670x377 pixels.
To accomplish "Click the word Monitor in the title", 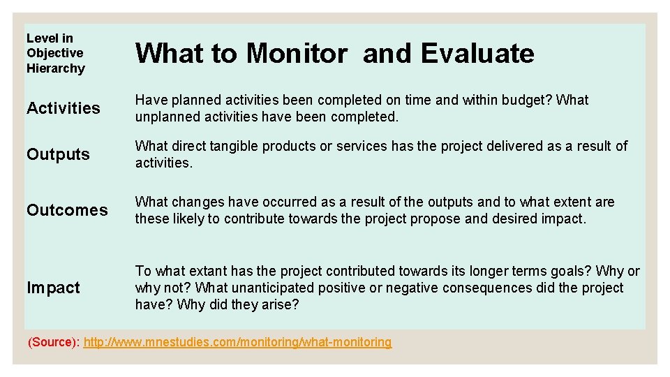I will (296, 53).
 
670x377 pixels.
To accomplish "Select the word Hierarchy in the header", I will (55, 68).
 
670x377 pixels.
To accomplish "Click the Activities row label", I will (63, 108).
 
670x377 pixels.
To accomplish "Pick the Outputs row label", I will (58, 154).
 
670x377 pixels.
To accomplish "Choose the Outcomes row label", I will (67, 210).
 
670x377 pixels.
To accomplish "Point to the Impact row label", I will (53, 288).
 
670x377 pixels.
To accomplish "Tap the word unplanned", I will (167, 117).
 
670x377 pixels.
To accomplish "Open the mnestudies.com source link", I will (237, 342).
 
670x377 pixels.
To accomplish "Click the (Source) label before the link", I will (53, 342).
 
